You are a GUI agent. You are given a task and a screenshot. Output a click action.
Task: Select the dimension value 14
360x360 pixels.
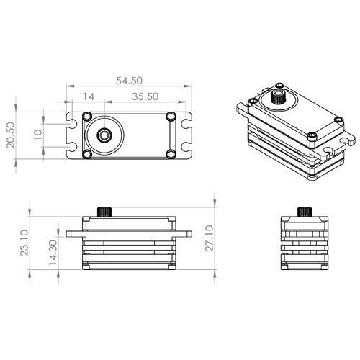click(89, 95)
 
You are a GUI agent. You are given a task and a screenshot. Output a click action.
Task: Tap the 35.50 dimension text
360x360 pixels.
click(145, 95)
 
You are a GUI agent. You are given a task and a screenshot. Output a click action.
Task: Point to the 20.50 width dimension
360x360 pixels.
click(10, 134)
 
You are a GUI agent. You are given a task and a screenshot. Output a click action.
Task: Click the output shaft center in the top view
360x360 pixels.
click(104, 135)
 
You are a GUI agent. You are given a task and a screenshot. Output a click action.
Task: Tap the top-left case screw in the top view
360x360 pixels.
click(87, 117)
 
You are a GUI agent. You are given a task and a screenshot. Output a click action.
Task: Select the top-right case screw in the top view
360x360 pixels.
click(171, 117)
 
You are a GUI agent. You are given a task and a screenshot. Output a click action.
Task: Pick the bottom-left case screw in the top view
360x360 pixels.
click(87, 154)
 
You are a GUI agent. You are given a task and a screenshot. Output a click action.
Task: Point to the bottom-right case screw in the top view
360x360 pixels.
click(171, 154)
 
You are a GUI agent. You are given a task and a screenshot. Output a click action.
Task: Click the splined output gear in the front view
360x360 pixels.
click(107, 210)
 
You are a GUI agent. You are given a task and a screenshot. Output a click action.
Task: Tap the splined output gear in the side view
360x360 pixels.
click(304, 211)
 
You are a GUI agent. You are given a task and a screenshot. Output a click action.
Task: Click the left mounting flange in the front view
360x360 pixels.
click(74, 234)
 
